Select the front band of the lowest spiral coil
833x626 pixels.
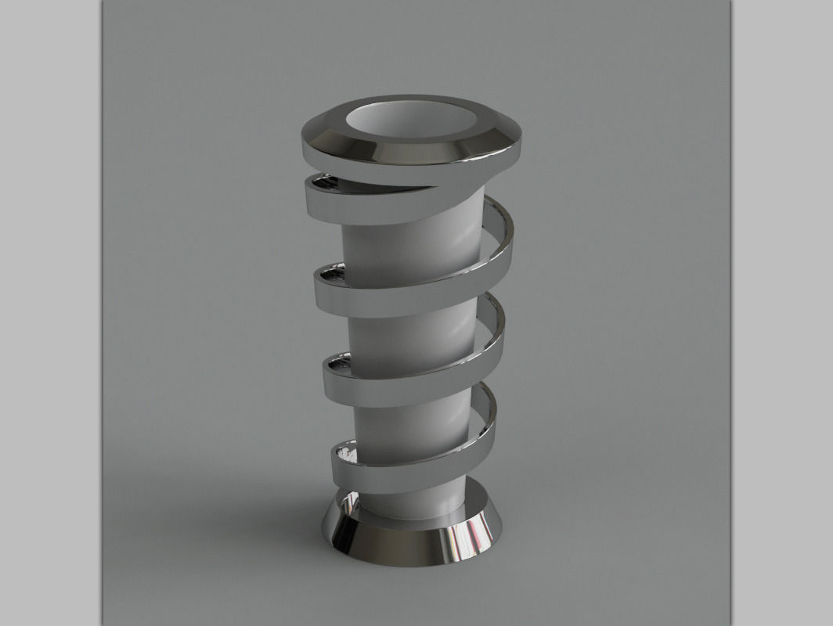pos(391,468)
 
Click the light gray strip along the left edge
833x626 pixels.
pos(50,313)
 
